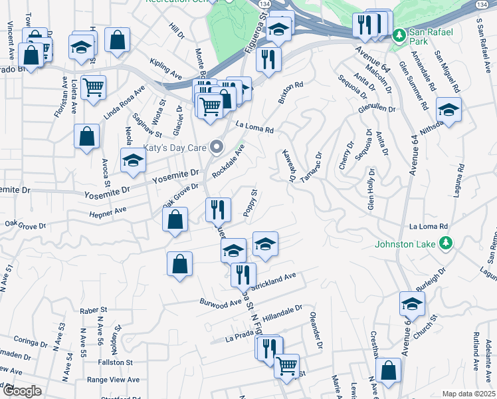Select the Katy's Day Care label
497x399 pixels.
(x=173, y=146)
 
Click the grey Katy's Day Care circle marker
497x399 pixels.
(x=217, y=146)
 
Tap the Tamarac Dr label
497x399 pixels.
(x=310, y=168)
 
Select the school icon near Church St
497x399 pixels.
(x=412, y=304)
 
